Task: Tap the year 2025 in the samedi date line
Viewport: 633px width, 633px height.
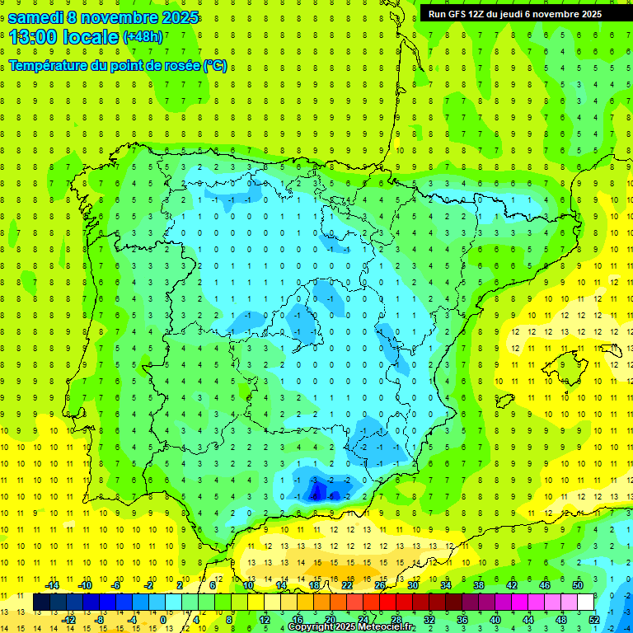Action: [x=175, y=17]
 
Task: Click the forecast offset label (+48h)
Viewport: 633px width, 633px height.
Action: [x=143, y=37]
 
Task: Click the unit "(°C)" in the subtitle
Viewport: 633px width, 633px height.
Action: [x=215, y=65]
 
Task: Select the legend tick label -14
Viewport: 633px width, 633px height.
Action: [x=52, y=585]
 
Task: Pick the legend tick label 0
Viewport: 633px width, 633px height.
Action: [x=163, y=620]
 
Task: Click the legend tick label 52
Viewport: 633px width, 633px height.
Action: [x=594, y=620]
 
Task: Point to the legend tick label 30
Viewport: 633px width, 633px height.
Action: [x=413, y=585]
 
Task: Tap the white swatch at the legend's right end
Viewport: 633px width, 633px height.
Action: [x=586, y=603]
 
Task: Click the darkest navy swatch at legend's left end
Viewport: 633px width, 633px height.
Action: [x=41, y=603]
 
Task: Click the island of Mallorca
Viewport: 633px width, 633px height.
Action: [x=569, y=361]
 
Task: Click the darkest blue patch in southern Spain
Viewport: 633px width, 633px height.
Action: [x=316, y=492]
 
